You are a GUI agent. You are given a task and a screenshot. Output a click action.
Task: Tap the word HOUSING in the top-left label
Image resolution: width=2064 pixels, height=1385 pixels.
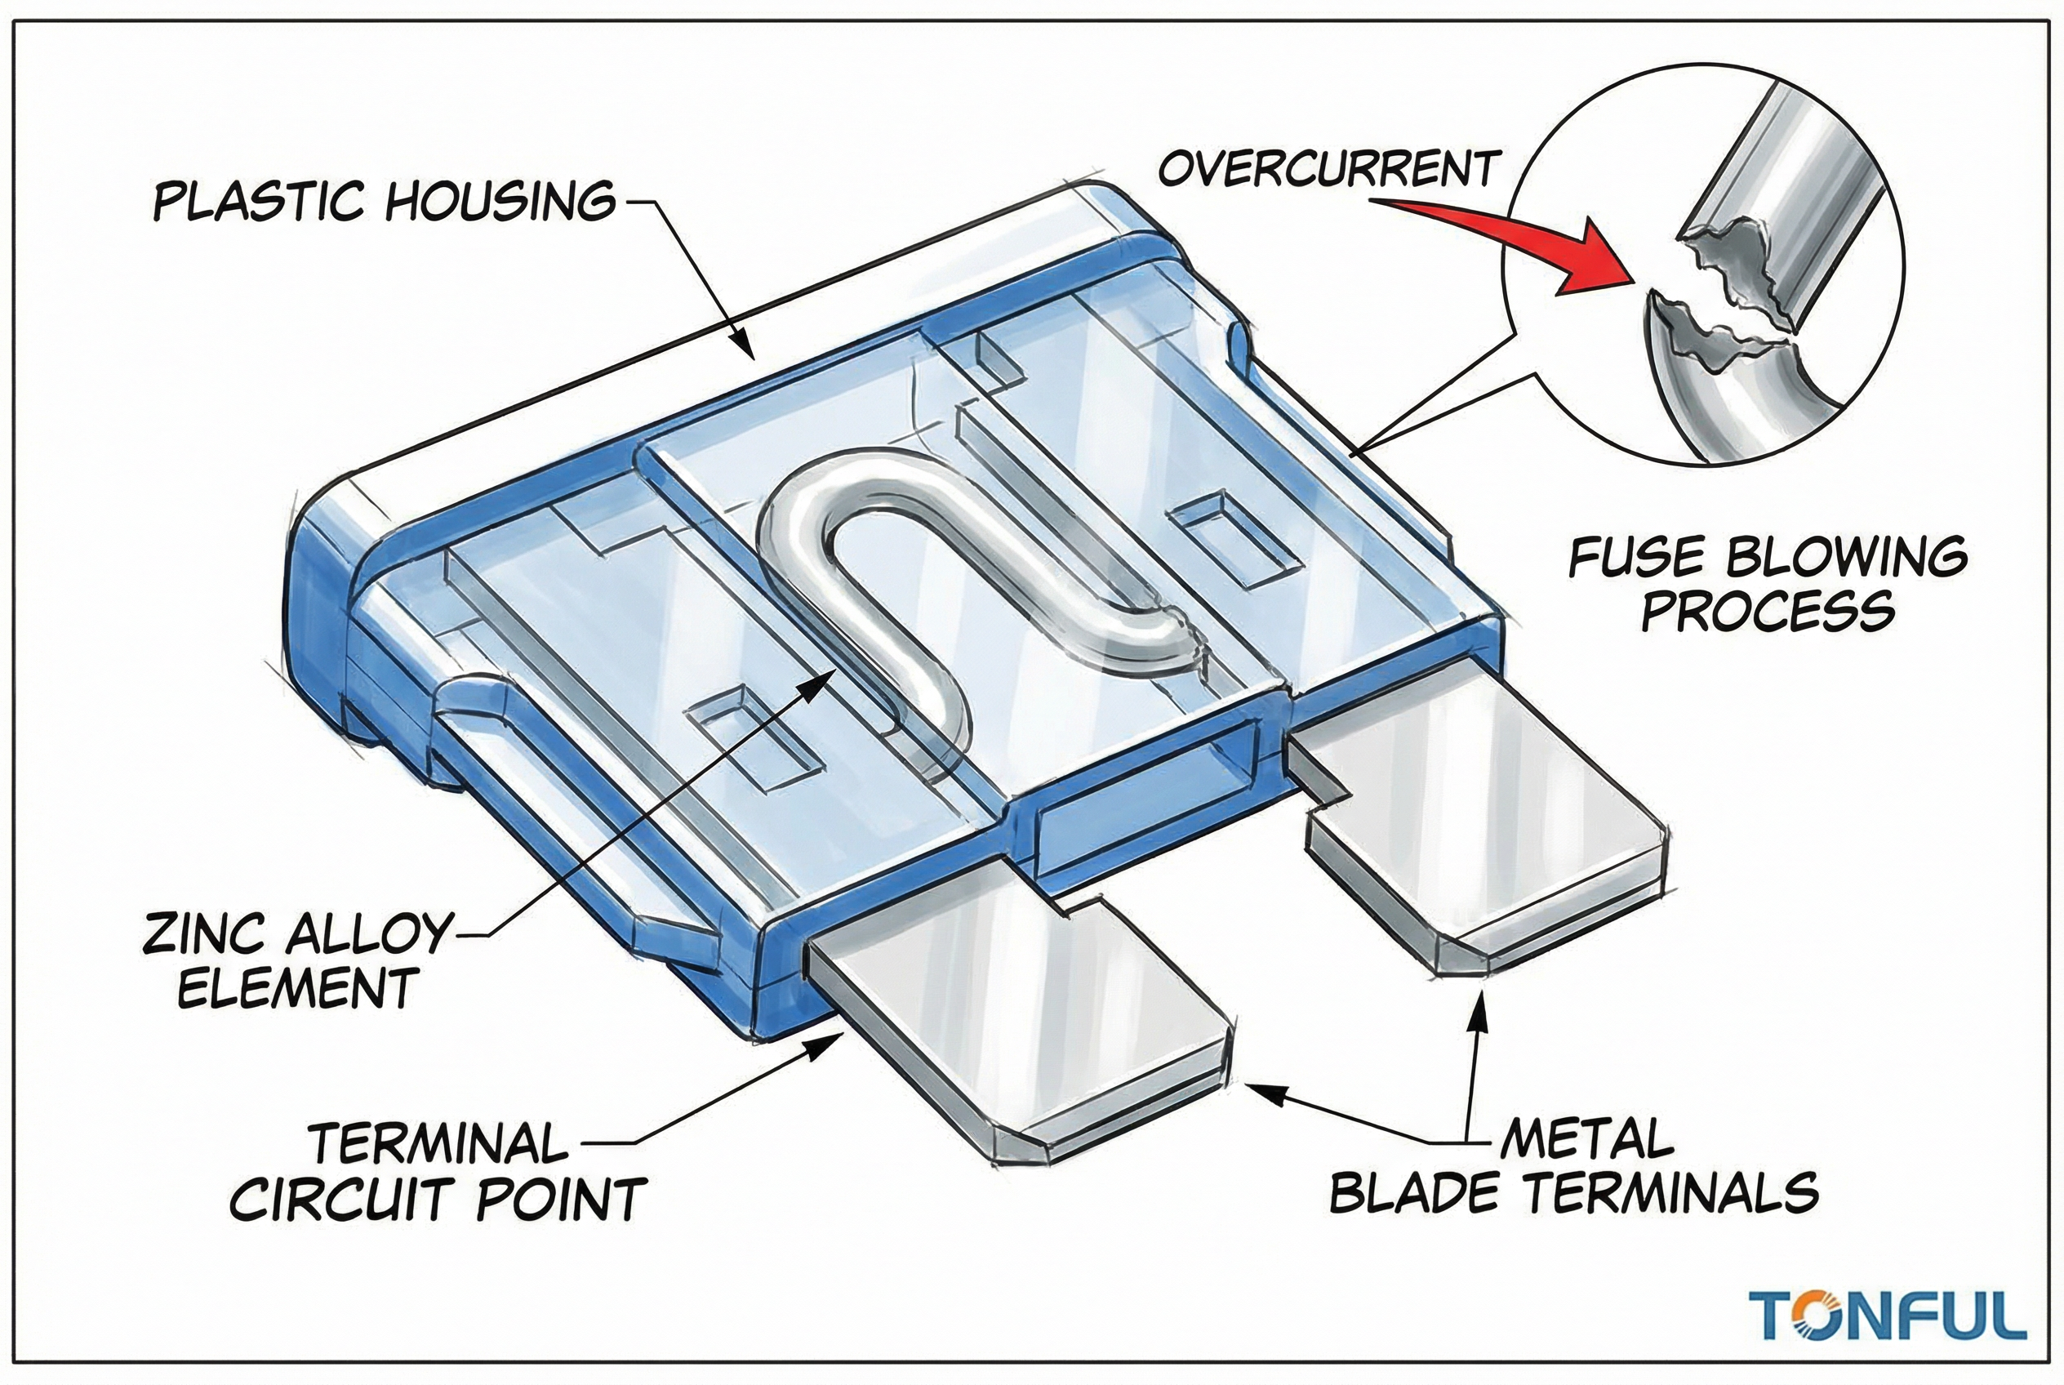[x=500, y=202]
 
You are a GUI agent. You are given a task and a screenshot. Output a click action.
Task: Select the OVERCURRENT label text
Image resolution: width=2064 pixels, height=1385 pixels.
[x=1328, y=168]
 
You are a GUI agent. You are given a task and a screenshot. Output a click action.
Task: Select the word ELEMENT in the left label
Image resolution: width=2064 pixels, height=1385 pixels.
[x=299, y=989]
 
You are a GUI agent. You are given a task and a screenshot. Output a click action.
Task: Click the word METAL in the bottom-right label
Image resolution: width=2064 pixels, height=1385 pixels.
[x=1586, y=1139]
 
